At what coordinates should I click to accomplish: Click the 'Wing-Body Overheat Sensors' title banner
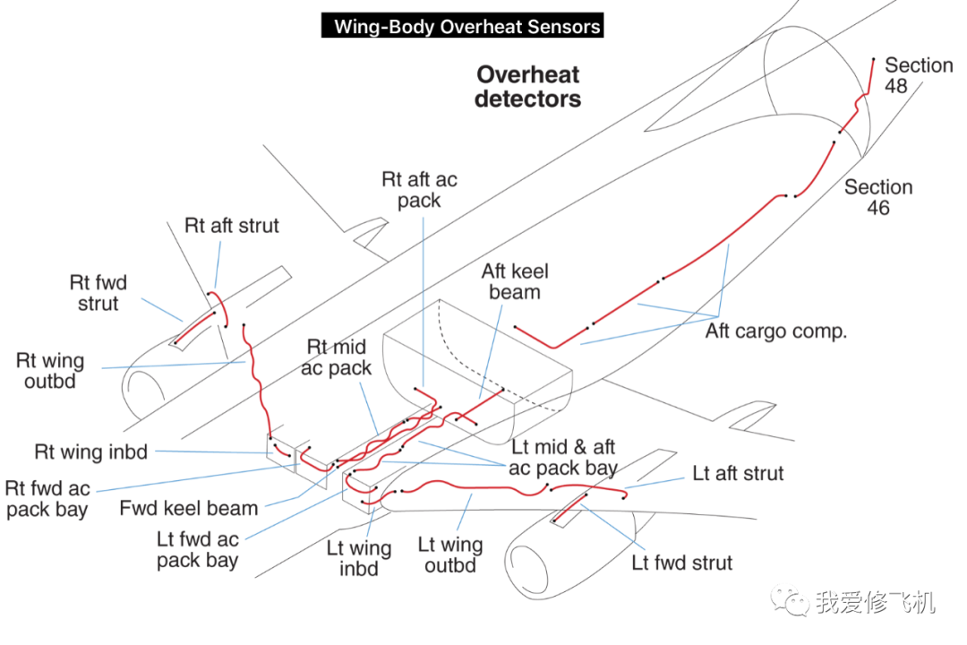(463, 26)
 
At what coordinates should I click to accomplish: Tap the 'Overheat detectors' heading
(527, 87)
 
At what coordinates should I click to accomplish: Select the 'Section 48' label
(918, 75)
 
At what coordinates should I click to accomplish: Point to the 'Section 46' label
(877, 197)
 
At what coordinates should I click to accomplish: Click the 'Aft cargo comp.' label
(775, 331)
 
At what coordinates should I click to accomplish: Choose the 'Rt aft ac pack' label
(419, 190)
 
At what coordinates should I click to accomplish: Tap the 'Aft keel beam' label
(515, 281)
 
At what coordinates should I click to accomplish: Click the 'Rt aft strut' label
(232, 226)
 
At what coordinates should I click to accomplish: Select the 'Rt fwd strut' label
(98, 293)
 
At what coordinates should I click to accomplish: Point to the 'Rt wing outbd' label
(50, 371)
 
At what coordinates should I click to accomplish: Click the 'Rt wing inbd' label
(90, 451)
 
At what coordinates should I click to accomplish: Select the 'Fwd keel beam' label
(189, 508)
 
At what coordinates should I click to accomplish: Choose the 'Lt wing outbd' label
(450, 555)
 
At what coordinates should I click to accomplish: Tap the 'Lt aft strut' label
(738, 473)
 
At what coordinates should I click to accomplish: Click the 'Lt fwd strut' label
(682, 563)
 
